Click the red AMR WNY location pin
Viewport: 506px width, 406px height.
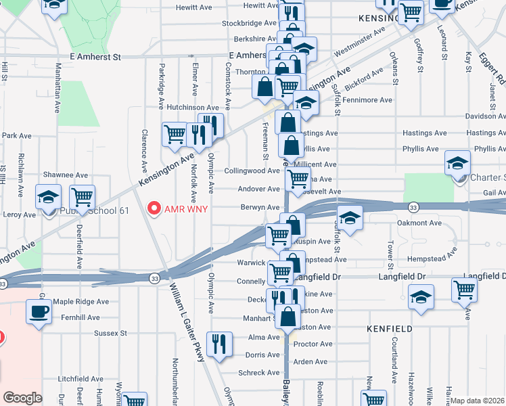[x=155, y=208]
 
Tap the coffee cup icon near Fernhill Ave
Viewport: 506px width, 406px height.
[x=39, y=311]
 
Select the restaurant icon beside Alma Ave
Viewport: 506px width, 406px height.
[x=219, y=344]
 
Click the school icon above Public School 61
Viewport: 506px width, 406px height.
[x=49, y=197]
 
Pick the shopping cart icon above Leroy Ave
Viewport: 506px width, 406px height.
[x=82, y=197]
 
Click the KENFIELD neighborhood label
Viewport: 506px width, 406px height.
[x=389, y=328]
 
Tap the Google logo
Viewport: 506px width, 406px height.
[x=22, y=397]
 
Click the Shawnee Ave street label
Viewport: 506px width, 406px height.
[x=66, y=175]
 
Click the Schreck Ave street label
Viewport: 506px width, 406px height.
[x=259, y=373]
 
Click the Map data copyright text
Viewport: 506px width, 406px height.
[x=478, y=401]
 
